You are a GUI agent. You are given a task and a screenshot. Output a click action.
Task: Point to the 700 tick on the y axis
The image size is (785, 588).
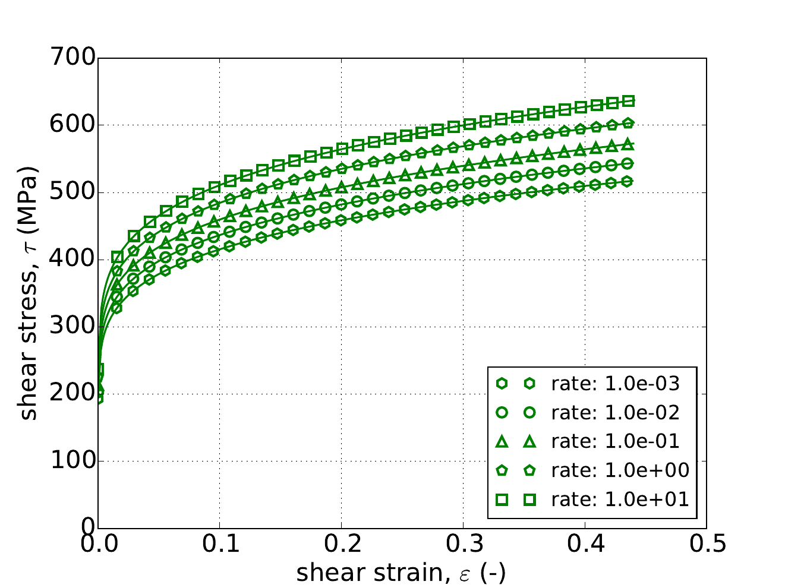click(x=74, y=58)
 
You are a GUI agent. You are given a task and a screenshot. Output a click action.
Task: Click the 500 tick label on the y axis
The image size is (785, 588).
click(x=74, y=192)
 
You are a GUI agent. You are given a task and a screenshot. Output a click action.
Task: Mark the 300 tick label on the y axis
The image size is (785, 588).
click(x=74, y=327)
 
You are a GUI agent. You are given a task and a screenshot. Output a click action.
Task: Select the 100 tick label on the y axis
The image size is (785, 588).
click(x=74, y=461)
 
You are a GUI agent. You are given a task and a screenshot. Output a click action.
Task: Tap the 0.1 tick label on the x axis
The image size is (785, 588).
click(x=220, y=545)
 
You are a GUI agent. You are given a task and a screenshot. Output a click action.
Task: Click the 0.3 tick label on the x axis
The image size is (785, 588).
click(x=463, y=545)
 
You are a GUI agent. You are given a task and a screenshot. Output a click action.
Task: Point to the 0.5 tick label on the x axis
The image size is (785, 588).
click(x=707, y=545)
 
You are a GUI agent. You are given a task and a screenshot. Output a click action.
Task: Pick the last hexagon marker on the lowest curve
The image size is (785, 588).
click(x=628, y=181)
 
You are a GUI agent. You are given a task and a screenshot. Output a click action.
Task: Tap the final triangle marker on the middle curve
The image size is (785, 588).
click(x=628, y=144)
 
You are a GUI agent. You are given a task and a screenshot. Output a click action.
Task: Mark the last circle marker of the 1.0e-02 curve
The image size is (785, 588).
click(x=628, y=163)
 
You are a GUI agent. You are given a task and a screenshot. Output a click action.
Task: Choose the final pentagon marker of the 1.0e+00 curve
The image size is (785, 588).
click(x=628, y=123)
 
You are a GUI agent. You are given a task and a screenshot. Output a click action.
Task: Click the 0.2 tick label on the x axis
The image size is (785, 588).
click(x=342, y=545)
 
